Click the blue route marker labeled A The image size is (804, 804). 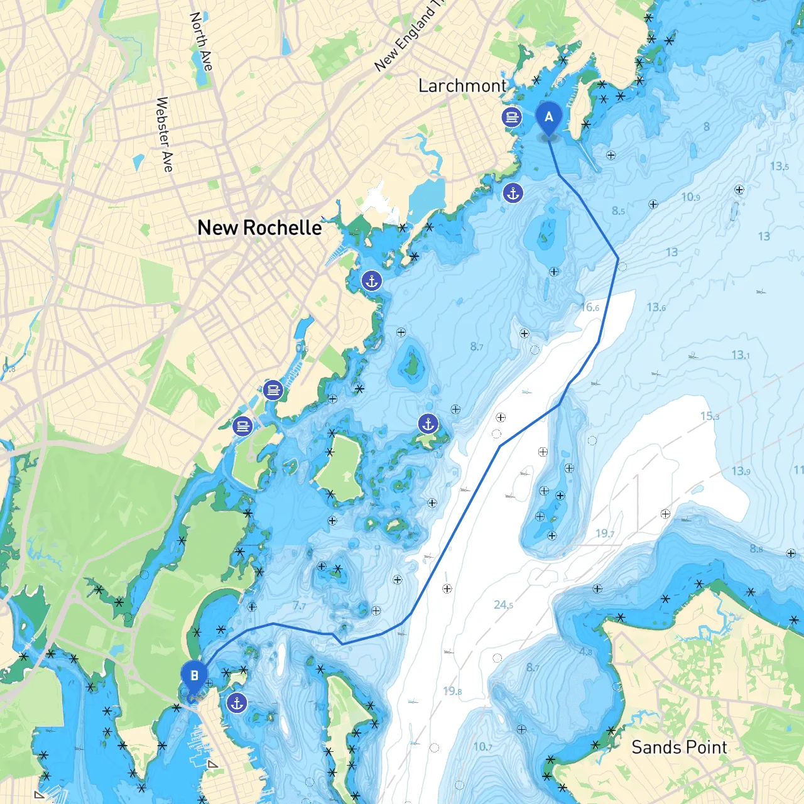(x=549, y=117)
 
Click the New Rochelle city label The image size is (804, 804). (x=259, y=227)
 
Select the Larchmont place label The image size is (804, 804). (x=462, y=85)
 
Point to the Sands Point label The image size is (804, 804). (x=679, y=747)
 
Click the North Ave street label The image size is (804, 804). (x=201, y=41)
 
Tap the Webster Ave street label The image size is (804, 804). (x=164, y=134)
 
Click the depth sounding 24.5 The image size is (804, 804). (x=503, y=604)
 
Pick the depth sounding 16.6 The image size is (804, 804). (x=590, y=307)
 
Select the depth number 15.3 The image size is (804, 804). (x=710, y=416)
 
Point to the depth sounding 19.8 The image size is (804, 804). (x=452, y=691)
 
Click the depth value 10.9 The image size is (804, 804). (x=690, y=197)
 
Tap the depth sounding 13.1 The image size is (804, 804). (x=741, y=355)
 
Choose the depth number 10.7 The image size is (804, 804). (x=482, y=746)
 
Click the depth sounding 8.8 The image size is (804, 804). (x=756, y=548)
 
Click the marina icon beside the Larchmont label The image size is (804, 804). (x=512, y=117)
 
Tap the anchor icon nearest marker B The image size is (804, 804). (x=237, y=703)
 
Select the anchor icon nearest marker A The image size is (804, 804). (x=513, y=193)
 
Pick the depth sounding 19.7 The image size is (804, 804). (x=605, y=533)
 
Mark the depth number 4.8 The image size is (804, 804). (x=585, y=651)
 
